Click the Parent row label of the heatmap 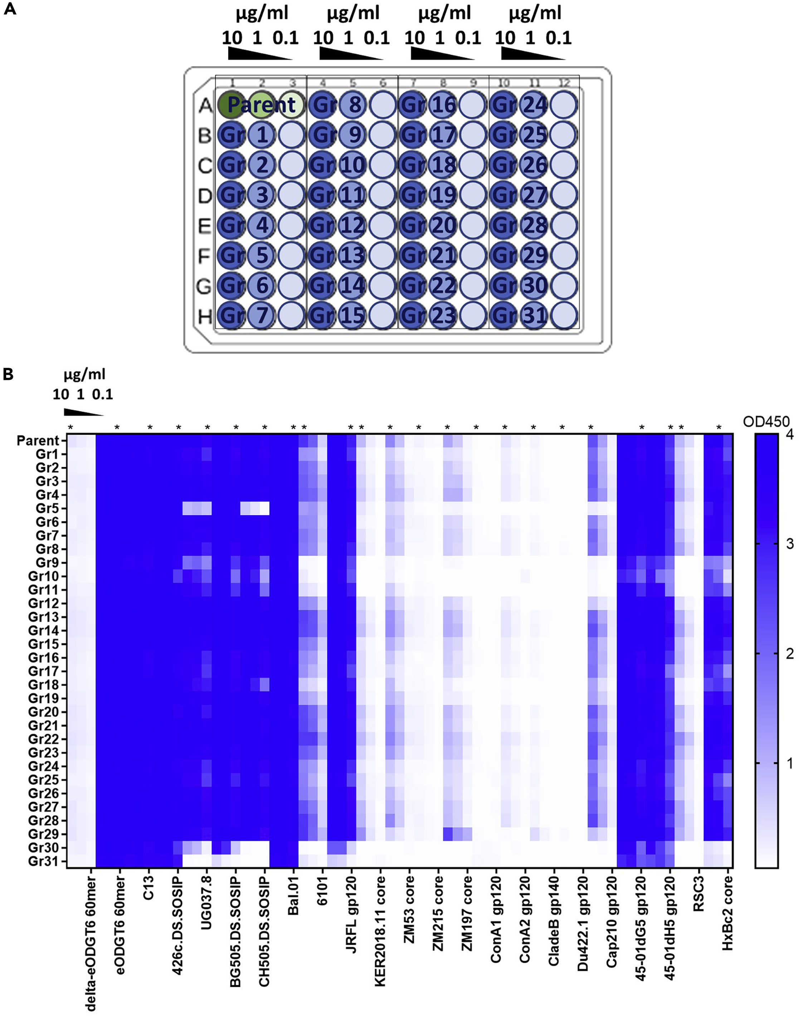[38, 441]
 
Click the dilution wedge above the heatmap [83, 412]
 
